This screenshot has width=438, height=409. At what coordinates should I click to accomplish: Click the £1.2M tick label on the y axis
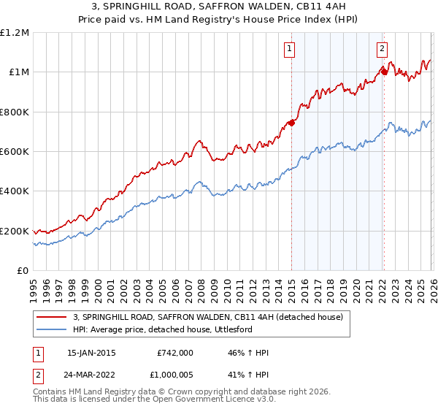tap(15, 33)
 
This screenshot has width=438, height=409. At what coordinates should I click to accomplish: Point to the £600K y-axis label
tap(15, 152)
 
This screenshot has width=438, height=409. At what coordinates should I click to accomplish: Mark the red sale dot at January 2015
tap(291, 123)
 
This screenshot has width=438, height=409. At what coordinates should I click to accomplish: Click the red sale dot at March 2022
tap(384, 72)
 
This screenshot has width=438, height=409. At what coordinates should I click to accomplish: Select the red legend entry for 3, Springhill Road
tap(212, 316)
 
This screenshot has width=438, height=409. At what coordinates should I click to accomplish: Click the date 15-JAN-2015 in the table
tap(91, 353)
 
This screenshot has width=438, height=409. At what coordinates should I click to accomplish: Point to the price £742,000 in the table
tap(175, 353)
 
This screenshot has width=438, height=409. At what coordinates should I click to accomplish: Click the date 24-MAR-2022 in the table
tap(91, 373)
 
